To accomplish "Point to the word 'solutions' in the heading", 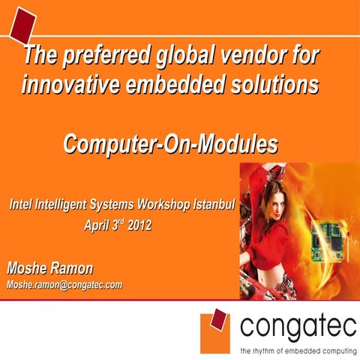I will pyautogui.click(x=266, y=85).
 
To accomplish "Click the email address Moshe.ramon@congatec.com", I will pyautogui.click(x=64, y=285).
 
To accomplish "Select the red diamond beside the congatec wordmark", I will pyautogui.click(x=218, y=322).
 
